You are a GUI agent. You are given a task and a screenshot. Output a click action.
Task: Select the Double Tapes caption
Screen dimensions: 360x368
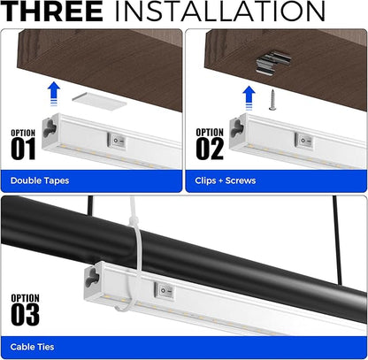[40, 181]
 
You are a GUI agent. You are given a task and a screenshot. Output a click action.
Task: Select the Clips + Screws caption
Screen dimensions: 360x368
[227, 181]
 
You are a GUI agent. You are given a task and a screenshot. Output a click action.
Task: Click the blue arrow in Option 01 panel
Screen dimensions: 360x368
[54, 91]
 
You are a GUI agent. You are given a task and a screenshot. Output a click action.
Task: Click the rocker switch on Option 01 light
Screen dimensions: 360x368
[116, 139]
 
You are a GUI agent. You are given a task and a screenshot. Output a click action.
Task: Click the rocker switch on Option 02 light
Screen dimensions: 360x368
[302, 139]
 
